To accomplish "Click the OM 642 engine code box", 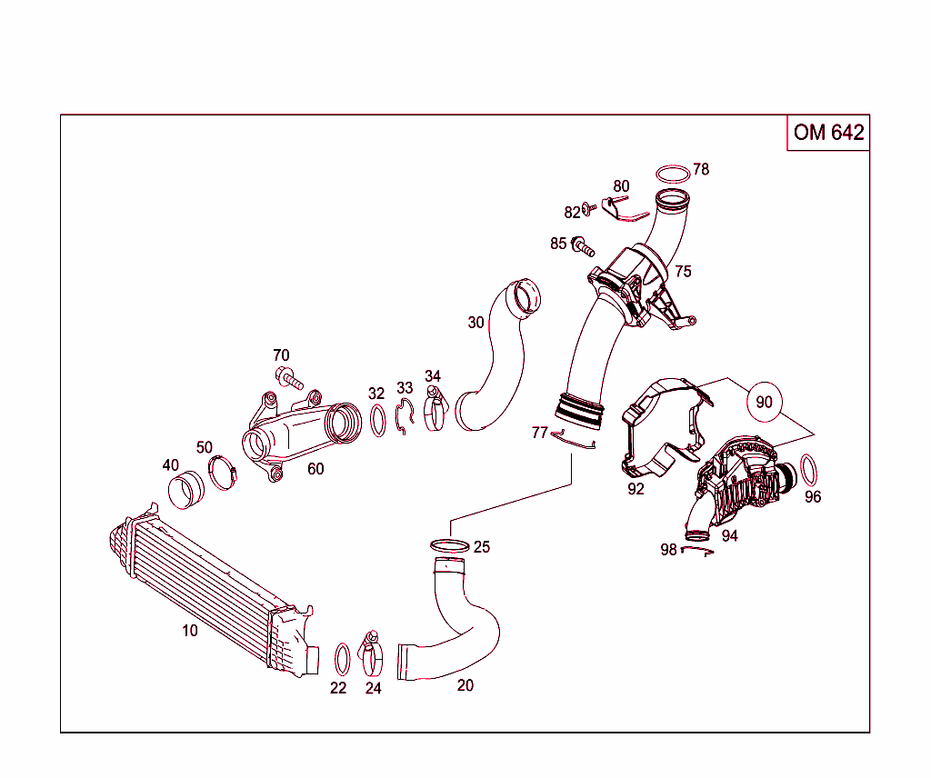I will click(x=827, y=133).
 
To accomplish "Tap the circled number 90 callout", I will click(x=764, y=401).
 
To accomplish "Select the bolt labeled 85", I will click(x=583, y=244).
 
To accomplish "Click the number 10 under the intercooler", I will click(x=189, y=630).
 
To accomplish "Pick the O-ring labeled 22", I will click(x=343, y=658).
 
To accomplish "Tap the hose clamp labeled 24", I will click(x=373, y=651).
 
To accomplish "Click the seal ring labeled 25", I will click(x=449, y=545).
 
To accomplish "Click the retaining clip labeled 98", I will click(x=696, y=550).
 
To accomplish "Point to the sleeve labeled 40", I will click(x=185, y=491).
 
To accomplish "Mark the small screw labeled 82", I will click(x=589, y=207).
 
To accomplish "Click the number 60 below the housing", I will click(x=315, y=469).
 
